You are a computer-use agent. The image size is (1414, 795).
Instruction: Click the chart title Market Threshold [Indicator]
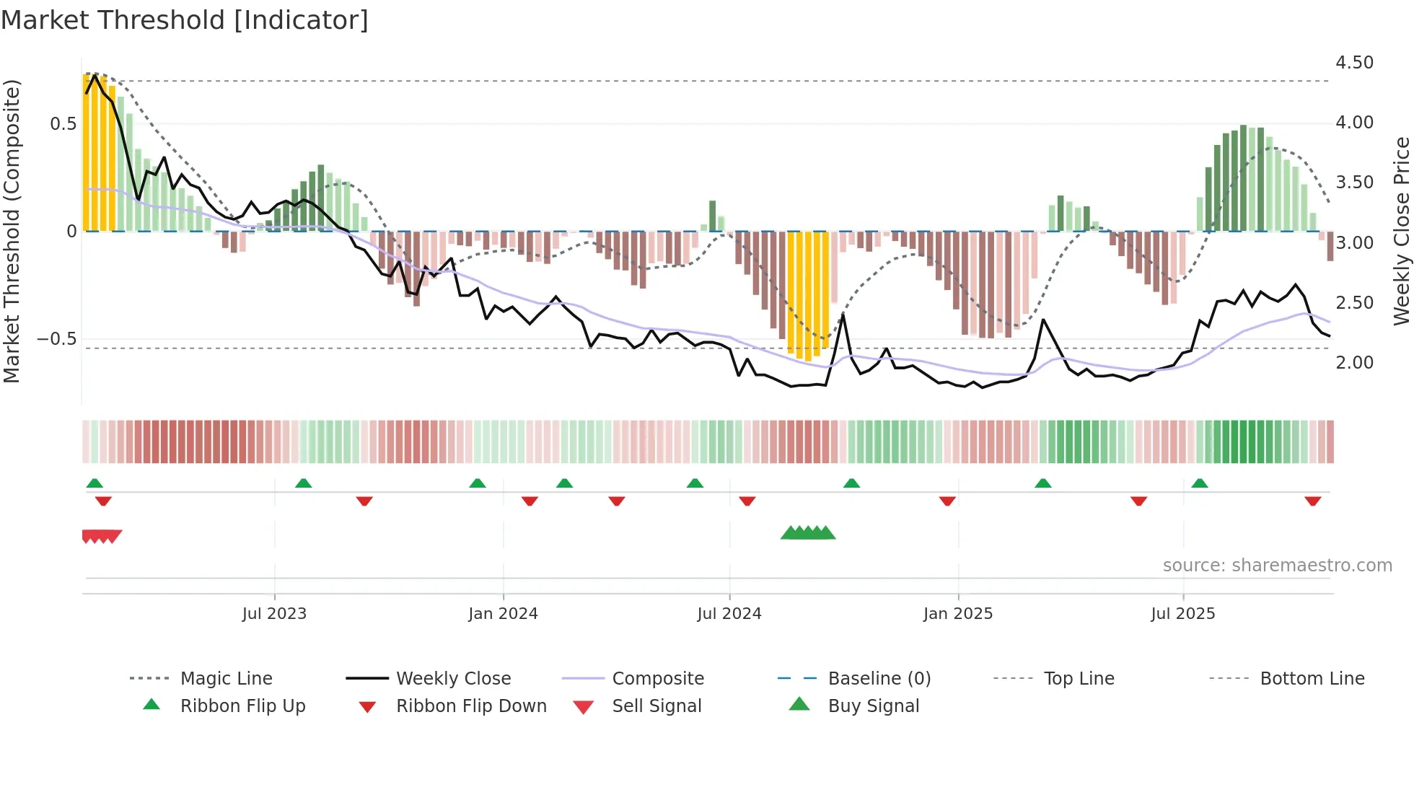(185, 20)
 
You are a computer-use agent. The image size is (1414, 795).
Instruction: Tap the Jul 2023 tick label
(274, 614)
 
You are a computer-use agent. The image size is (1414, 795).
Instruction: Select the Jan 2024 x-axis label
(503, 614)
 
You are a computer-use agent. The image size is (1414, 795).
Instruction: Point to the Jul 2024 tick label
(729, 614)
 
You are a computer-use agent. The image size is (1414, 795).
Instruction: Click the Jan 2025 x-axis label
(958, 614)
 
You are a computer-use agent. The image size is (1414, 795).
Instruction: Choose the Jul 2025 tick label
(1182, 614)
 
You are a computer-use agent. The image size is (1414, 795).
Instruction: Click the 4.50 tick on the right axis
(1354, 63)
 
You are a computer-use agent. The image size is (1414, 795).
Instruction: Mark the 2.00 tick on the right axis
(1354, 363)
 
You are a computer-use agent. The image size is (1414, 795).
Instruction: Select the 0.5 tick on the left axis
(63, 124)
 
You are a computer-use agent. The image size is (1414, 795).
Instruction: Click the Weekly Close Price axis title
(1401, 231)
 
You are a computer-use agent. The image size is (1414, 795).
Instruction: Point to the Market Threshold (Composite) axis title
(12, 231)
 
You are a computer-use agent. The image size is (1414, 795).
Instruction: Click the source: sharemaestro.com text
(1277, 566)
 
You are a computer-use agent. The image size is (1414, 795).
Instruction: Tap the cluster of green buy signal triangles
(808, 533)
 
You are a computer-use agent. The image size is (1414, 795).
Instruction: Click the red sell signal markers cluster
(102, 536)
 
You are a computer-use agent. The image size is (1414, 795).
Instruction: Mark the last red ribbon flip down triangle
(1312, 501)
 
